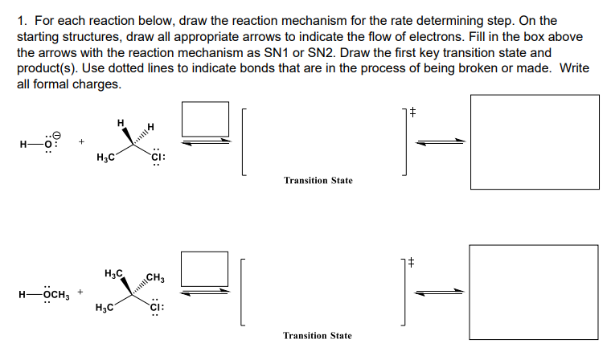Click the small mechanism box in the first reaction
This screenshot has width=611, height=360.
click(200, 118)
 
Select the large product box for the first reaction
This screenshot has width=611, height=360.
click(534, 142)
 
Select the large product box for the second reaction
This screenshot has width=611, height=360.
click(534, 292)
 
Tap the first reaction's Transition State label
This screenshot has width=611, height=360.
click(318, 181)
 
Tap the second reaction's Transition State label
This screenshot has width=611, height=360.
click(318, 335)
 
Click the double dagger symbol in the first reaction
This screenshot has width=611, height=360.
click(412, 114)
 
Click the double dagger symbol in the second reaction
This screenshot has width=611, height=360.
click(412, 262)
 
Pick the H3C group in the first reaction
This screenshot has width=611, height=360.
click(105, 157)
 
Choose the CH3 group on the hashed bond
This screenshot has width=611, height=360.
click(156, 279)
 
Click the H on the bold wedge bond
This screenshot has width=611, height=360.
click(120, 123)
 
